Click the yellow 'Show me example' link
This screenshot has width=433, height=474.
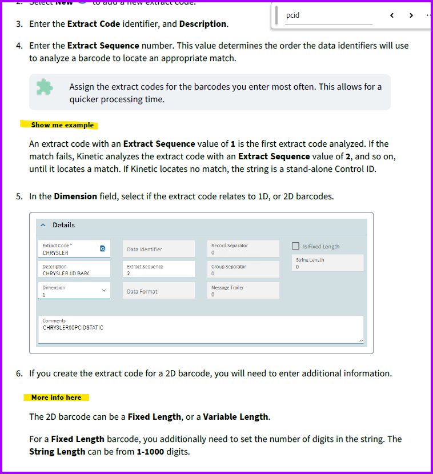coord(62,125)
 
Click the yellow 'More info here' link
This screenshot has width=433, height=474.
coord(56,397)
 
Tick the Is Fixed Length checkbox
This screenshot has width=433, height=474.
coord(296,246)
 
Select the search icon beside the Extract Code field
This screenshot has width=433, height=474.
coord(102,249)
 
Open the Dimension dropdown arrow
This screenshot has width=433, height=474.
coord(104,291)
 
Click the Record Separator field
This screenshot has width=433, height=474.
coord(244,249)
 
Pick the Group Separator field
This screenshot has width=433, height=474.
coord(244,270)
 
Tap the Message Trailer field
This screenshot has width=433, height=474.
coord(244,291)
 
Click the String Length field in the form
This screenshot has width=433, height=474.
coord(328,263)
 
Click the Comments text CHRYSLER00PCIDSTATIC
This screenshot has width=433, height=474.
coord(73,328)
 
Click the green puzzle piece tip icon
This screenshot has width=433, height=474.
coord(45,87)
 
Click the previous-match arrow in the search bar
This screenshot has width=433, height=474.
coord(392,15)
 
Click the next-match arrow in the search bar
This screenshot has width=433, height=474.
coord(411,15)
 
